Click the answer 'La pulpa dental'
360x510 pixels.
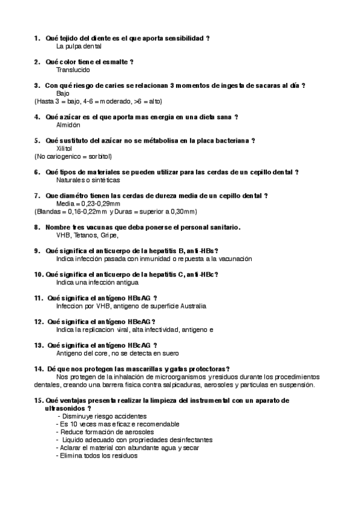79,46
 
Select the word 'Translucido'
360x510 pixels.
73,70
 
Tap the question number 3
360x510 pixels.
37,85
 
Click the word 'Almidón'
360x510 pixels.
68,124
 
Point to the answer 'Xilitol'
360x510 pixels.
64,149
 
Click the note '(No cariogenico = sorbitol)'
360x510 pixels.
73,156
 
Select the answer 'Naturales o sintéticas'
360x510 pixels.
88,180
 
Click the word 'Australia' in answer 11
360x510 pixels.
192,306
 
